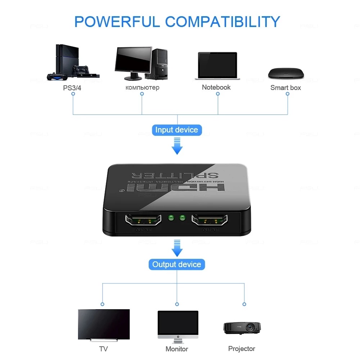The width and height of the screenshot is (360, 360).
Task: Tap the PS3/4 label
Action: [x=72, y=87]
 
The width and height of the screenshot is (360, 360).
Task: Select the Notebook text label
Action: [x=216, y=87]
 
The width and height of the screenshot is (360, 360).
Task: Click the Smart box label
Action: [x=285, y=87]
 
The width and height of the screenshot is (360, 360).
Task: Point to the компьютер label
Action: [x=142, y=87]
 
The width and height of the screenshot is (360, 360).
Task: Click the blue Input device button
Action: [x=176, y=130]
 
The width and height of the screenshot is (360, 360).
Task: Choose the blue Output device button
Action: [x=176, y=265]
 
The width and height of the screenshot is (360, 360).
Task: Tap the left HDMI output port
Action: [x=143, y=220]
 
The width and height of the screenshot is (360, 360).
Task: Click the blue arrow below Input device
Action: [x=177, y=147]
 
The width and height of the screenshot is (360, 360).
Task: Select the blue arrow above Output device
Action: [x=177, y=248]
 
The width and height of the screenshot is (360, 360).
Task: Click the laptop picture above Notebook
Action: [x=217, y=66]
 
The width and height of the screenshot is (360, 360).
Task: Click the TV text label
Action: [x=103, y=349]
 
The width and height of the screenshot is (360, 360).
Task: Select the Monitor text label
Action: [x=177, y=349]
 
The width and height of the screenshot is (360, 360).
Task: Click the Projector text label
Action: [x=242, y=348]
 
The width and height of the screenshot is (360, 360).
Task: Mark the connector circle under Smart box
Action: [x=287, y=94]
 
